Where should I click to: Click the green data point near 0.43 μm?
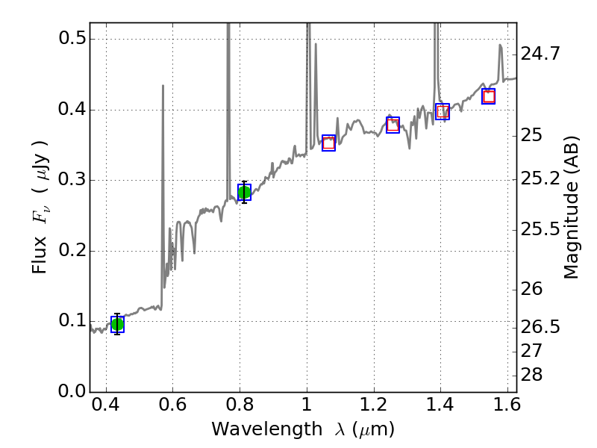[117, 324]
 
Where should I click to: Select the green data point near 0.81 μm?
[244, 192]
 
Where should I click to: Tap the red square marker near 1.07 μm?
[328, 143]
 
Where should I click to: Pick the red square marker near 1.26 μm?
[393, 125]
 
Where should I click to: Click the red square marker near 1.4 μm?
[443, 111]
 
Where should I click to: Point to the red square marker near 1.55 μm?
[489, 96]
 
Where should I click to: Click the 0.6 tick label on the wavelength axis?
[172, 408]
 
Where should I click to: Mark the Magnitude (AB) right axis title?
[572, 208]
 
